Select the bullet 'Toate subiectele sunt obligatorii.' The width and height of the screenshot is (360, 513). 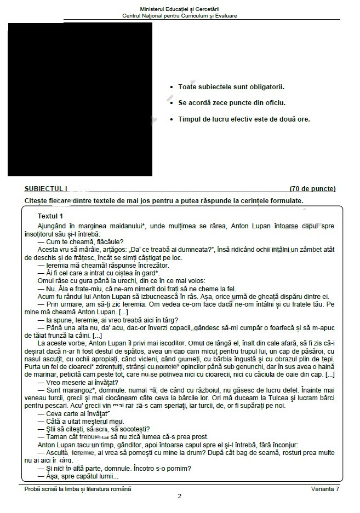point(231,87)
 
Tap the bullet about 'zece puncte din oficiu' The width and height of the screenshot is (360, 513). point(232,102)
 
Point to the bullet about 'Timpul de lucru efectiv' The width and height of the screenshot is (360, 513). point(244,119)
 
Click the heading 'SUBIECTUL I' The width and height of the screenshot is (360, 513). point(46,189)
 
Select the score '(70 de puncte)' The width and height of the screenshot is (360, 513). point(312,189)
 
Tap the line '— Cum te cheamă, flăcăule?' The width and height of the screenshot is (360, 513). point(81,241)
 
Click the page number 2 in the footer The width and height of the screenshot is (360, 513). point(180,497)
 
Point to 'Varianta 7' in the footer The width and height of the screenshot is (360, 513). point(325,489)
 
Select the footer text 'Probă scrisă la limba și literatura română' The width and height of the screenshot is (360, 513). point(78,489)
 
